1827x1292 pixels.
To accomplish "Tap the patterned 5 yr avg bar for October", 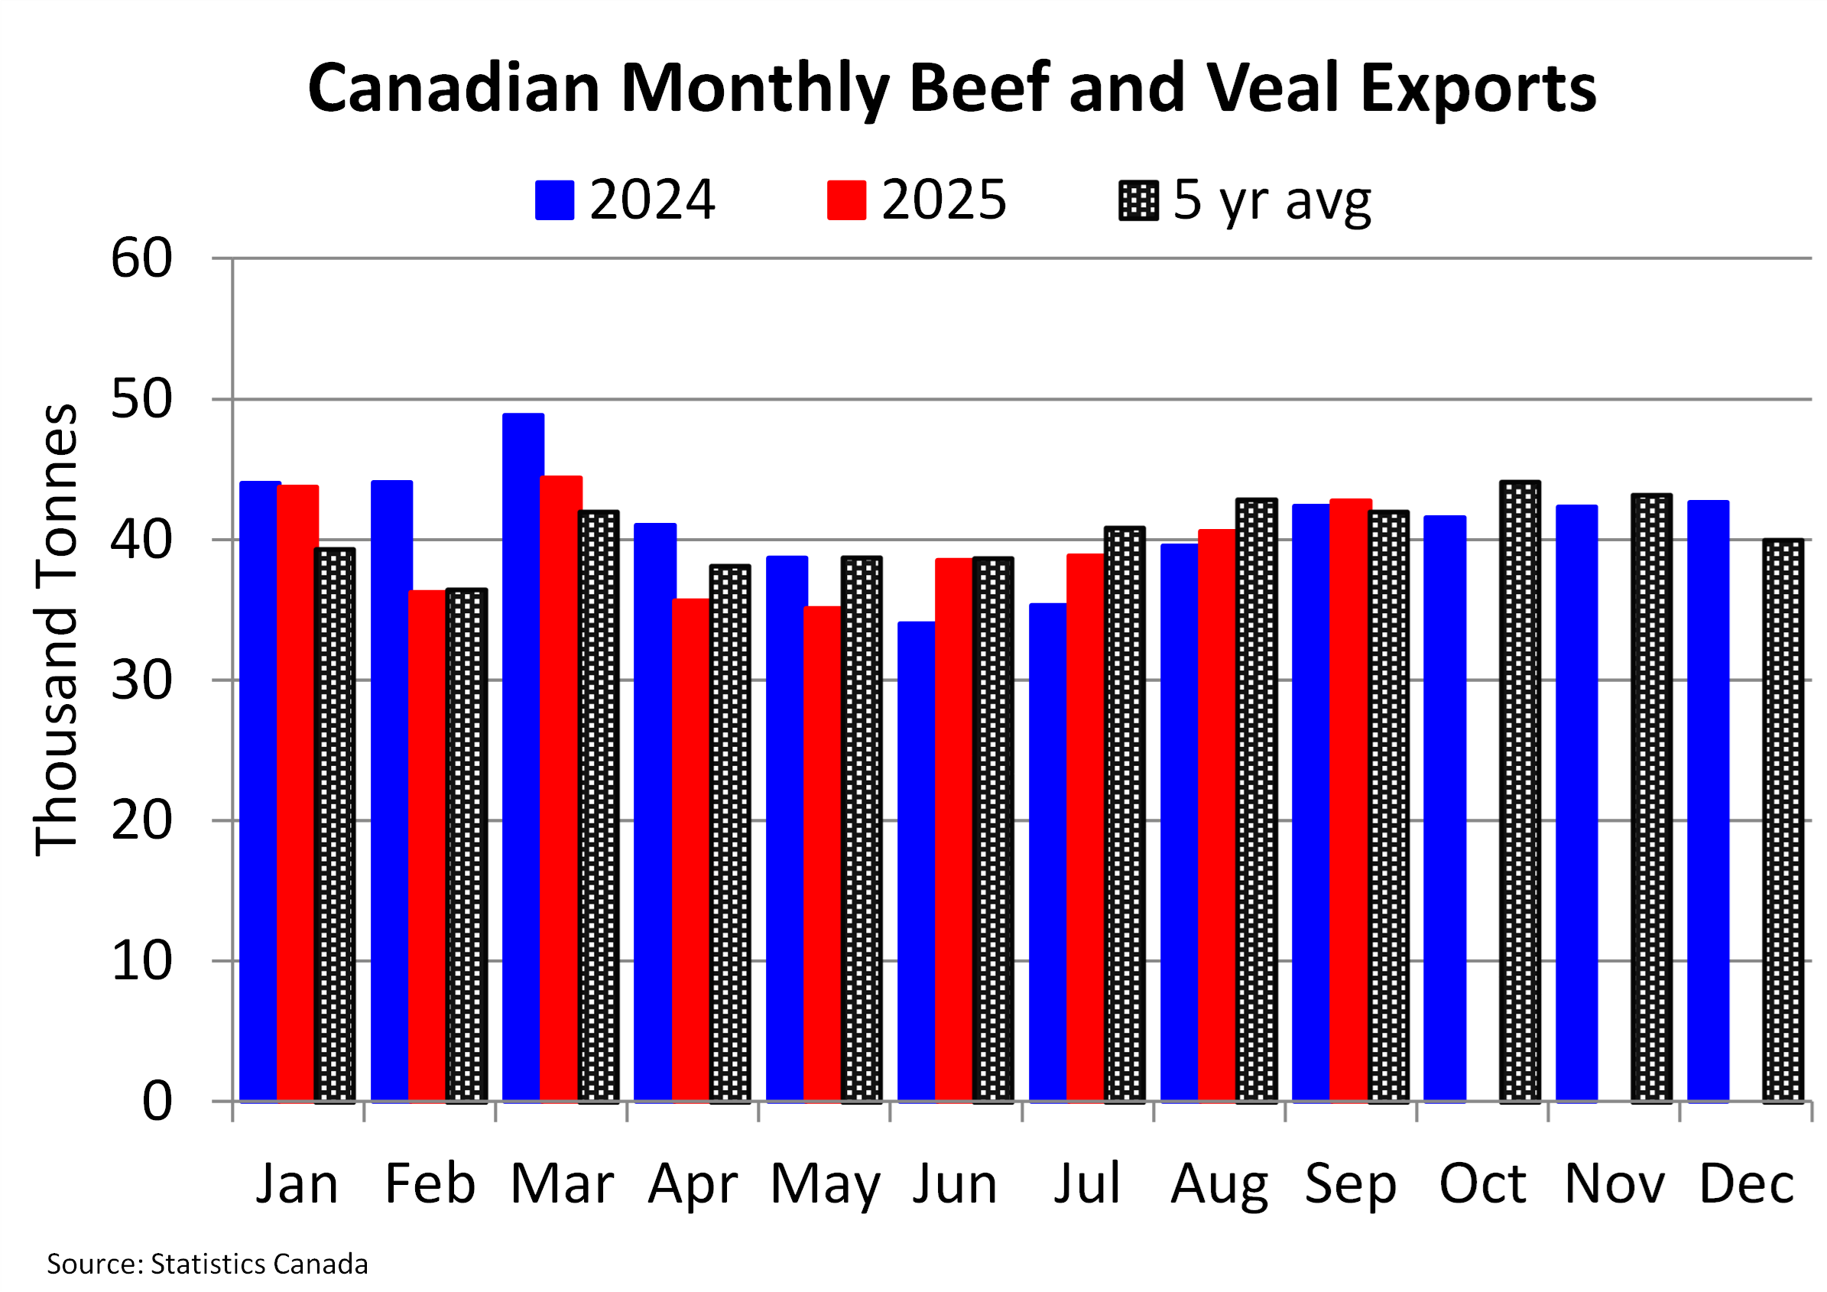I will pos(1520,791).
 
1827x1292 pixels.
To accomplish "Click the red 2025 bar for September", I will pos(1350,800).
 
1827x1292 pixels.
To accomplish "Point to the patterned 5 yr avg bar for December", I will pos(1783,820).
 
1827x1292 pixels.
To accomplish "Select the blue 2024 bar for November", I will pos(1576,803).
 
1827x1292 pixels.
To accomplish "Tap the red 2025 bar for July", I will pos(1085,827).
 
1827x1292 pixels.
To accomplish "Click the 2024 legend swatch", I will pos(555,200).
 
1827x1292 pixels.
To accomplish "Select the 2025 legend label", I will pos(944,200).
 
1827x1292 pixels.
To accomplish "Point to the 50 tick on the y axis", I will pos(141,399).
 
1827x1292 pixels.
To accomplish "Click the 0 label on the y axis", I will pos(157,1102).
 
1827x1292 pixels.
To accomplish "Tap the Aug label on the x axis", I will pos(1219,1183).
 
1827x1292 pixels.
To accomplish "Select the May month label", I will pos(825,1183).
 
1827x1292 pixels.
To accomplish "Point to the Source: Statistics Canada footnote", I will pos(207,1264).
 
